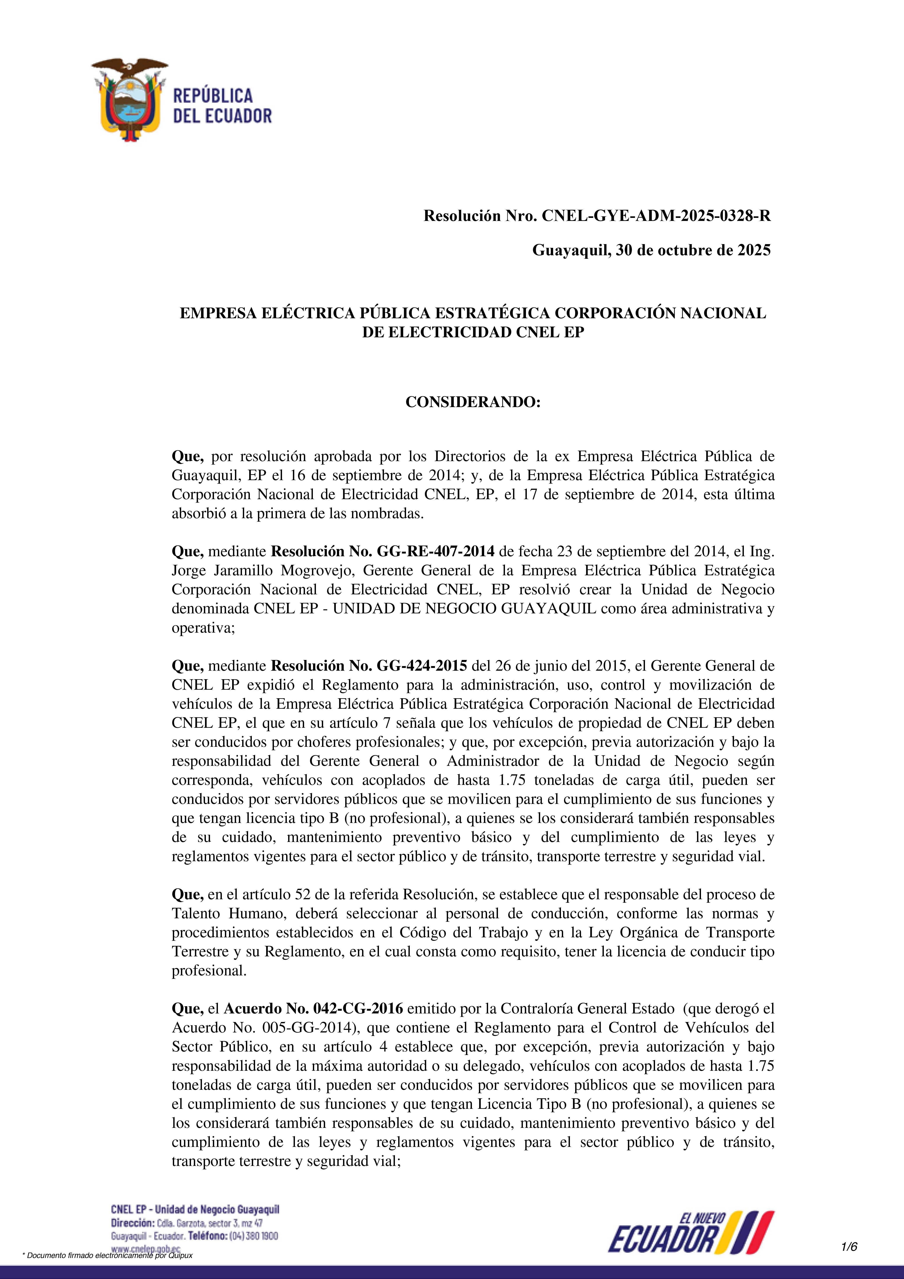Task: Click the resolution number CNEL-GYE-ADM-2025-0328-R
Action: coord(656,216)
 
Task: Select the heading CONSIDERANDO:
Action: coord(473,402)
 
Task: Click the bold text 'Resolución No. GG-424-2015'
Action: coord(369,666)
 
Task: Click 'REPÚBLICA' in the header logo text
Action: coord(213,96)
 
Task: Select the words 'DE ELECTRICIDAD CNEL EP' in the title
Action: coord(473,332)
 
